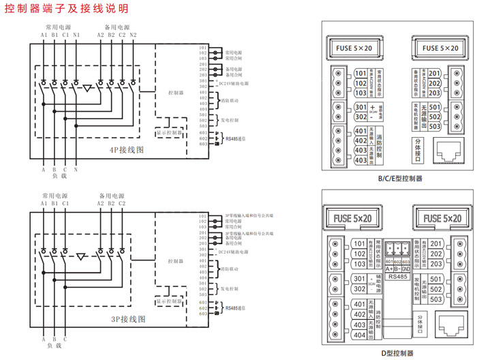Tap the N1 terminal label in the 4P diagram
76,35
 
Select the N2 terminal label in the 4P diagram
133,35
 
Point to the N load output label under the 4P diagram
76,169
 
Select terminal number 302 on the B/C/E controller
360,117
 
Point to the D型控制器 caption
397,352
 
